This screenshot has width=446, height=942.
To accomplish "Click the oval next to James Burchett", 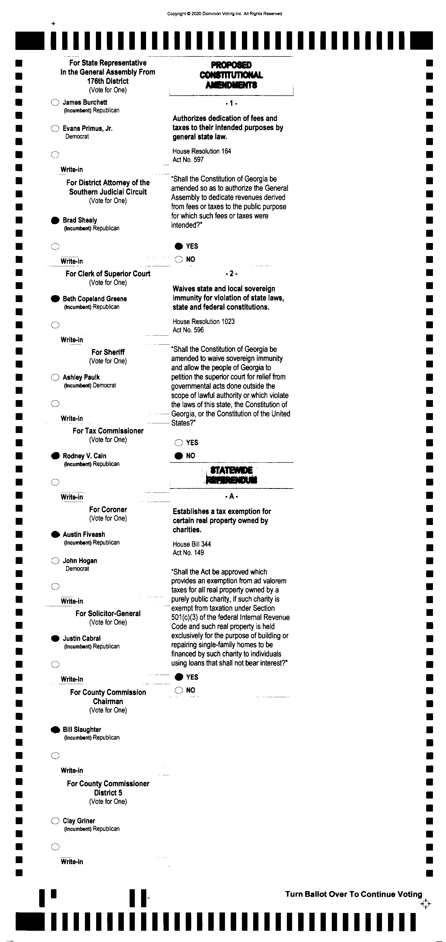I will pos(55,102).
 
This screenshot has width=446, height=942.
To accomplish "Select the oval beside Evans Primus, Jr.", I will pos(55,128).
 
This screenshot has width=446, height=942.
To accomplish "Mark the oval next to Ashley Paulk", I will pos(55,377).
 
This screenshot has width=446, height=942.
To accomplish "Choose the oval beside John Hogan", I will pos(55,560).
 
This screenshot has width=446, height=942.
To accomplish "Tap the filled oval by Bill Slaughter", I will pos(55,730).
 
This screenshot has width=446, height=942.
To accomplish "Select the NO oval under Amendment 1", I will pos(179,259).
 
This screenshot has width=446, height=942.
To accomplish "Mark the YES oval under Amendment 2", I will pos(179,442).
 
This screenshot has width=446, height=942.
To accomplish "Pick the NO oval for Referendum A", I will pos(179,690).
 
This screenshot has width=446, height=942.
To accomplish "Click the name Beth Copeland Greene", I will pos(95,299).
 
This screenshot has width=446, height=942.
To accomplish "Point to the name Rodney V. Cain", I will pos(84,456).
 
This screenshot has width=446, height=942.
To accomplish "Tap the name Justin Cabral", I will pos(82,638).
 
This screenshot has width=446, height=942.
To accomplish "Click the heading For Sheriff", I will pos(108,352).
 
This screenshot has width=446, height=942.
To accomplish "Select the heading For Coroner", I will pos(108,509).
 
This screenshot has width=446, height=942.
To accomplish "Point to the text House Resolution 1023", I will pos(204,321).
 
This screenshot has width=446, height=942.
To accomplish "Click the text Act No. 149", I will pos(188,553).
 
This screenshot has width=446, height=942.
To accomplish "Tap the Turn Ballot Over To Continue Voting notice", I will pos(354,894).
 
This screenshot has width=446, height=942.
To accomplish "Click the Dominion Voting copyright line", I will pos(224,14).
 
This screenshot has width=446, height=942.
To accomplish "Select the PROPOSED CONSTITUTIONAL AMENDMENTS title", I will pos(231,75).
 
